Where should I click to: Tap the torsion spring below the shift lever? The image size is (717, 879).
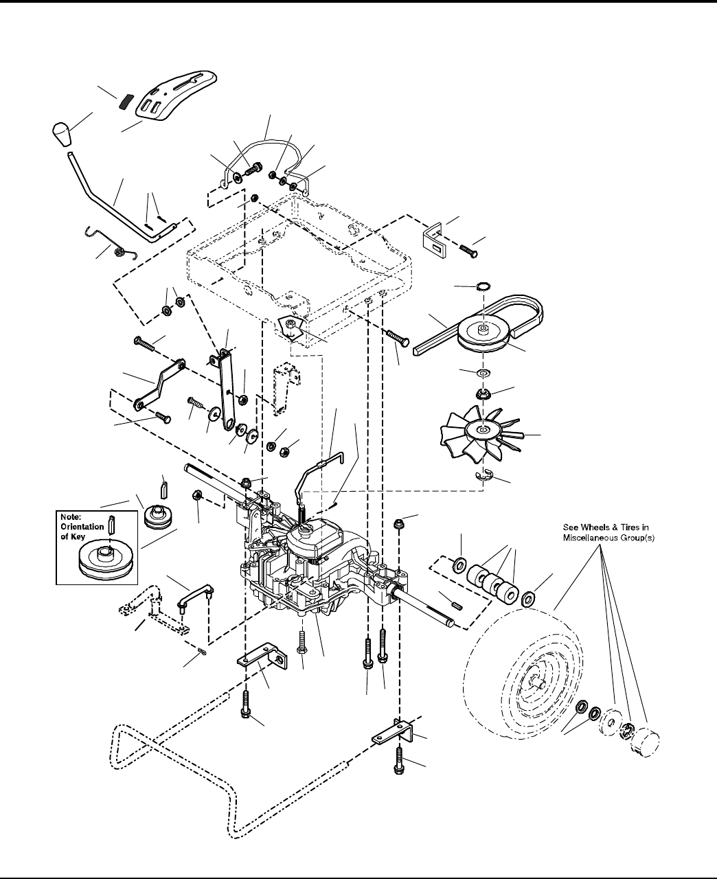point(121,247)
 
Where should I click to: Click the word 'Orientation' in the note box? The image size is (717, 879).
point(85,527)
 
